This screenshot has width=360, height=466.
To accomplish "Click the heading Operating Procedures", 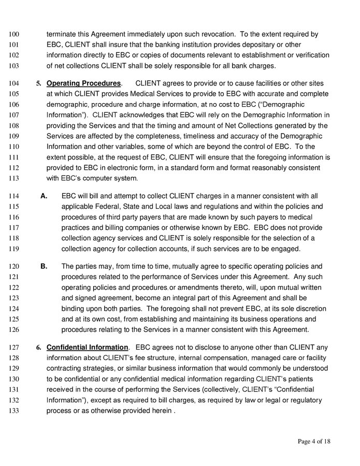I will point(83,83).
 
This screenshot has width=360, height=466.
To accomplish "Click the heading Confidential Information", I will point(87,347).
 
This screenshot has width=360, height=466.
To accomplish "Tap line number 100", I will point(14,35).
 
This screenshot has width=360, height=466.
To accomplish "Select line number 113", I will point(14,179).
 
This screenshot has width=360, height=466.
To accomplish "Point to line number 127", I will point(14,347).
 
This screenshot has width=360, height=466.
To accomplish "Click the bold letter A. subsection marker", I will point(44,196).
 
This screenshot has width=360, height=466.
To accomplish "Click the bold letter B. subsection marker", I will point(44,267).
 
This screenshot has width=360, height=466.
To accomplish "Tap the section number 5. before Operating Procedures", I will point(38,83).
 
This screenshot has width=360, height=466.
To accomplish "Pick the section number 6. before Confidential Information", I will point(38,347).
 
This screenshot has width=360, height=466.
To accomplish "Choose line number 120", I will point(14,267).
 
